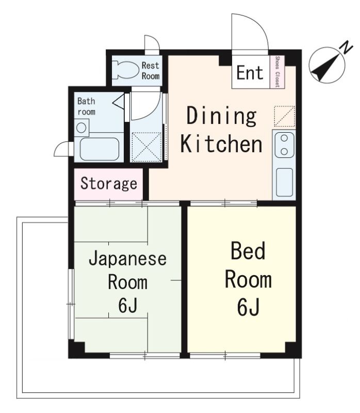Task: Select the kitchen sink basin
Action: coord(284,182)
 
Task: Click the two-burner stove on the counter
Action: coord(284,145)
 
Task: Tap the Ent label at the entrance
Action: coord(250,73)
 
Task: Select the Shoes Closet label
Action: coord(277,72)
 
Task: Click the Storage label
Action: coord(109,183)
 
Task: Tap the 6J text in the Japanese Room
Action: coord(127,306)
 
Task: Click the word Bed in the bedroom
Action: coord(248,252)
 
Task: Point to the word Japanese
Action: coord(127,258)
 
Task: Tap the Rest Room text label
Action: coord(151,71)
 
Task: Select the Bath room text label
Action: coord(86,106)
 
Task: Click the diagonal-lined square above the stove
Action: coord(284,116)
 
